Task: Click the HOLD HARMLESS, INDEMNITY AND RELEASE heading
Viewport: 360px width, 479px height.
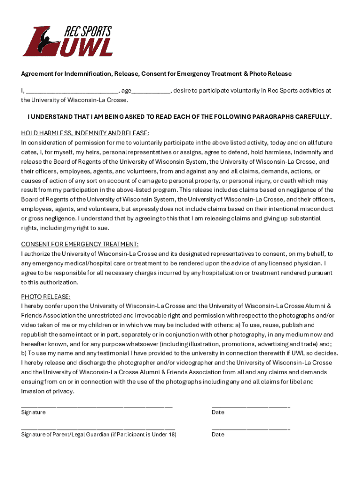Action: (x=85, y=133)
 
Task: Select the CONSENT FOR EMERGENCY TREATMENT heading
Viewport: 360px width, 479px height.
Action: (x=80, y=244)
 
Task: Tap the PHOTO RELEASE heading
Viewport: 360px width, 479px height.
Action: (x=46, y=297)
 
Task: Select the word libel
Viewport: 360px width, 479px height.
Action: (x=294, y=382)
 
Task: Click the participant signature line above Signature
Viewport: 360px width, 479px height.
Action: (x=97, y=406)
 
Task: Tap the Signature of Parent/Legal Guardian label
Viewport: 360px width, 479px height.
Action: (x=99, y=435)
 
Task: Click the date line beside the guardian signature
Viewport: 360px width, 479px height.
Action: (x=251, y=428)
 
